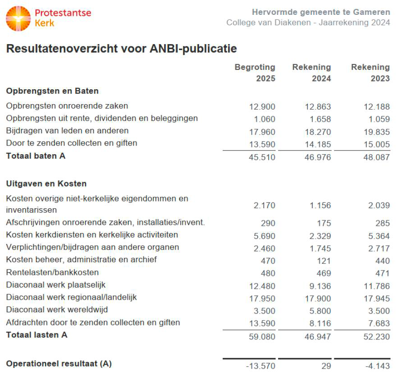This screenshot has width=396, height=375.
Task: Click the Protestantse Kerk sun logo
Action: coord(18,18)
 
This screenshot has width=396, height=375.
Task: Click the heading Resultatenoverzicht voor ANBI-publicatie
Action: coord(121,49)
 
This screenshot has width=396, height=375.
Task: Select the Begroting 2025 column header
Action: coord(255,73)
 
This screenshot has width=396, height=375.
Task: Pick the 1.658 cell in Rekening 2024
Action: coord(320,119)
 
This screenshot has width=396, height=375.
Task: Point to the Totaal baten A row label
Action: coord(36,156)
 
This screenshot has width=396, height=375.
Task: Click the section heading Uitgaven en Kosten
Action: coord(46,184)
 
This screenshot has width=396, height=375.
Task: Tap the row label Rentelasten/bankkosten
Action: coord(52,272)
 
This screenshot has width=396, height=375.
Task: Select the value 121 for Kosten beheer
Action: coord(324,261)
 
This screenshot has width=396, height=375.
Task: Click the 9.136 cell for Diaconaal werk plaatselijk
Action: coord(320,286)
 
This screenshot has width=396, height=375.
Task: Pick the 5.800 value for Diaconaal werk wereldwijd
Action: coord(320,311)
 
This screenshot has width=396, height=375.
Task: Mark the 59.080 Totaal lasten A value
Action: coord(262,336)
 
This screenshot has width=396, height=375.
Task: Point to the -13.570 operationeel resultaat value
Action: coord(261,366)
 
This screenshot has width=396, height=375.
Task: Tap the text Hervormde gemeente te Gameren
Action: coord(321,12)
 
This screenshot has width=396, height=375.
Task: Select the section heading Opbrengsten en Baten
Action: coord(52,91)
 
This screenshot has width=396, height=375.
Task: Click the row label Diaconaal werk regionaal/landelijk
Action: coord(71,297)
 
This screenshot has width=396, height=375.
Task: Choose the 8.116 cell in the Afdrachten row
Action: coord(320,324)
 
